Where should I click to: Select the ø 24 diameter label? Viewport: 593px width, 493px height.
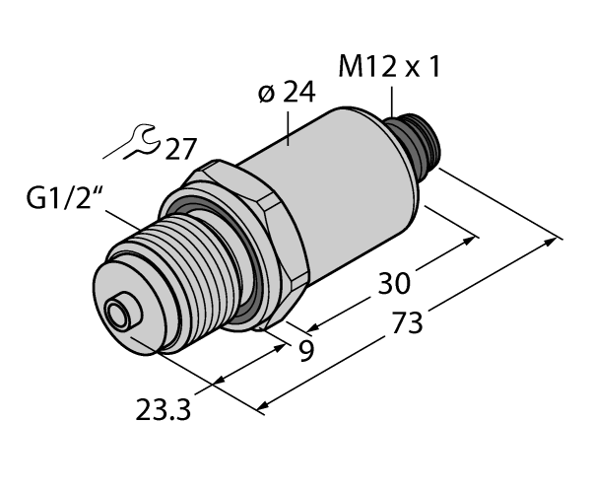click(x=287, y=97)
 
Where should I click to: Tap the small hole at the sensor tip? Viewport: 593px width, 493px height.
click(x=119, y=317)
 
